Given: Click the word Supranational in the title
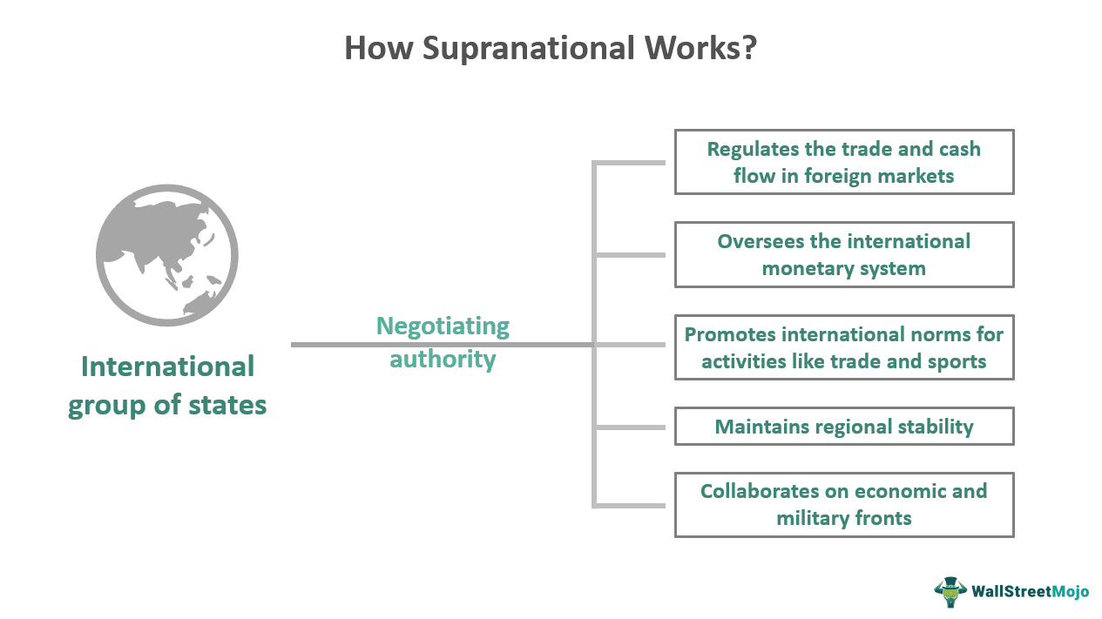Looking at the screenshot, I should [x=528, y=48].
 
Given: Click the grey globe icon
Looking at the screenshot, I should [x=166, y=255].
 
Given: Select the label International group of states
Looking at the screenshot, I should [x=167, y=386].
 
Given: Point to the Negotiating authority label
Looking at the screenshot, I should [x=443, y=342].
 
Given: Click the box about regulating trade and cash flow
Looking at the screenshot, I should [x=843, y=162].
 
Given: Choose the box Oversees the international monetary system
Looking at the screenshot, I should [x=843, y=254].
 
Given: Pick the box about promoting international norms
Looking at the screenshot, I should [x=843, y=347].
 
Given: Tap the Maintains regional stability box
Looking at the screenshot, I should [x=843, y=427].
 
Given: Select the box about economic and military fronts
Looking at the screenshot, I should [x=843, y=504].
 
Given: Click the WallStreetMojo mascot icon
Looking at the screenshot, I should [x=950, y=591].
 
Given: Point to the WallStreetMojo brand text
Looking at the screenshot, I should [x=1031, y=592].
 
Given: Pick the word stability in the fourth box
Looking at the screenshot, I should [x=933, y=427].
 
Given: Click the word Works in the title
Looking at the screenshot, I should [x=687, y=48].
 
